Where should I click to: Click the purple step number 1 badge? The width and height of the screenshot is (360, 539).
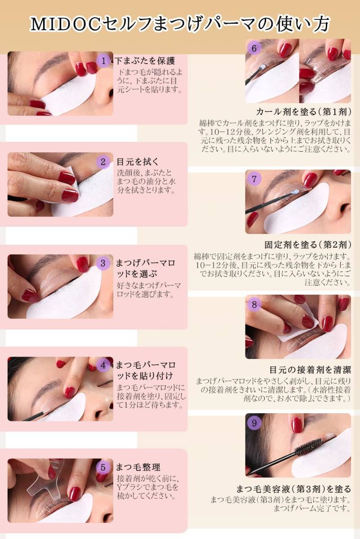103,61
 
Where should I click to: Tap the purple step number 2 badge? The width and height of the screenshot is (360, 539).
103,162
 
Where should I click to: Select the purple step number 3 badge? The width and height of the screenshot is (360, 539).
103,263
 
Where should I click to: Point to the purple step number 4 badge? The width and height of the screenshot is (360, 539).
103,365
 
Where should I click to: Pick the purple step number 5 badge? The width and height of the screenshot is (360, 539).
103,467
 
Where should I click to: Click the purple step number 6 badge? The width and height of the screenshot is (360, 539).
254,48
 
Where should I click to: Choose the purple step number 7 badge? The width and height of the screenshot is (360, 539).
254,179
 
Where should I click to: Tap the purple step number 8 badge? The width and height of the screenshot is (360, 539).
254,304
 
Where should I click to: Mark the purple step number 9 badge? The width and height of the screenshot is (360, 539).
254,423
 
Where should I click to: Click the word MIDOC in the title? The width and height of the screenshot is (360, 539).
65,24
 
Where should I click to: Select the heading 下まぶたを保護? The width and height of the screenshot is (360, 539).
145,61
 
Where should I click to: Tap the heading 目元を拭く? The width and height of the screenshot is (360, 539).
138,162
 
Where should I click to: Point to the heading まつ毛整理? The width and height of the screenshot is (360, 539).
138,467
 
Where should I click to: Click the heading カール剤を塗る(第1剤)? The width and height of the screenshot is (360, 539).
303,112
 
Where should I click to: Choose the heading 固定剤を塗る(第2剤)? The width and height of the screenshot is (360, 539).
308,245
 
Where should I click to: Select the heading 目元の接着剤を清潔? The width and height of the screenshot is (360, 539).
310,370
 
